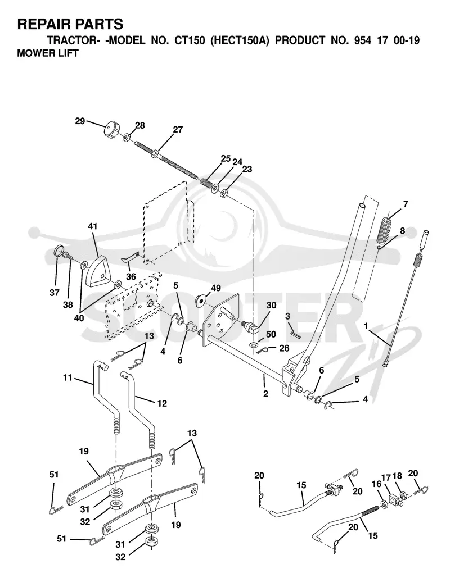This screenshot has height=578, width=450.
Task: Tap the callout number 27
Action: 178,129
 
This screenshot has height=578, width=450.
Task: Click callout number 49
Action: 215,288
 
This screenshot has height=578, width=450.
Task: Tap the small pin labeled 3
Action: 296,334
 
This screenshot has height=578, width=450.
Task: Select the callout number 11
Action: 68,378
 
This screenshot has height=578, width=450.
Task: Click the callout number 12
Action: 162,403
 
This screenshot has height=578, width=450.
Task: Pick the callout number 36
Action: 131,276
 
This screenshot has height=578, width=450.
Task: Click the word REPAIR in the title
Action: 41,24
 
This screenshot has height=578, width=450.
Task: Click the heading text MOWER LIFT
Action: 48,53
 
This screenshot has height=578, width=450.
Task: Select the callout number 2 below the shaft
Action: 266,394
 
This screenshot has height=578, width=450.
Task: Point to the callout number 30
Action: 271,306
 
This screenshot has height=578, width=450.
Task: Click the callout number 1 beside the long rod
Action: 366,326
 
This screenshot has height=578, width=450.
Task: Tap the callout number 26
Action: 284,348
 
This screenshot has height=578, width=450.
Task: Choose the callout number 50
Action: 271,334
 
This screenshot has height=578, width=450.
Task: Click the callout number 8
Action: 402,231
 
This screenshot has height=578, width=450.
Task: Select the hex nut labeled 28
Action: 125,138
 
